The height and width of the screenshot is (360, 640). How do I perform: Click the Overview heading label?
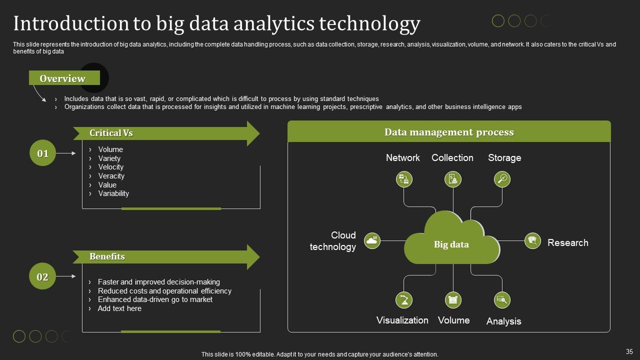62,78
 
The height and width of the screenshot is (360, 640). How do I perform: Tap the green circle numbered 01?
42,153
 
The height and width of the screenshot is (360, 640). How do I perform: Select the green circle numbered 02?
42,276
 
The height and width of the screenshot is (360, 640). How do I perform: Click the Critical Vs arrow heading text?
111,133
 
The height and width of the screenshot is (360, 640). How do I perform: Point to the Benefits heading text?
107,256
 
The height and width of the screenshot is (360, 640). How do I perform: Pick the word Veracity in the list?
111,176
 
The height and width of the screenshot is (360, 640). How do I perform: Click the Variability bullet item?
113,193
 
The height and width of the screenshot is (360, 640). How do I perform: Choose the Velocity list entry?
111,167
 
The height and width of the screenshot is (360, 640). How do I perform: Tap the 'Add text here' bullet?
119,308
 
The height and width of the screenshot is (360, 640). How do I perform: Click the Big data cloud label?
451,244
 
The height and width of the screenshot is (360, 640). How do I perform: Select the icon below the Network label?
404,179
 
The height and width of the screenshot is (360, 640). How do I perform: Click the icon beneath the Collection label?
453,179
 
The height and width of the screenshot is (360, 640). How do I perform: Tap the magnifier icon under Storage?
502,179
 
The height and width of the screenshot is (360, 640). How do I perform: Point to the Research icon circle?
532,241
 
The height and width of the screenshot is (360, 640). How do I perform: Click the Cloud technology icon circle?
372,240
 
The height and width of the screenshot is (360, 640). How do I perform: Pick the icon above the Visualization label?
403,300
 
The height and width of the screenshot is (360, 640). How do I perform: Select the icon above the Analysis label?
502,300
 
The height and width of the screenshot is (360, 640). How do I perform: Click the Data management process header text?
449,132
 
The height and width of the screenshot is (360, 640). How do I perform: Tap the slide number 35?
629,351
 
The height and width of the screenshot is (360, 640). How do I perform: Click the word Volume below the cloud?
453,320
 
